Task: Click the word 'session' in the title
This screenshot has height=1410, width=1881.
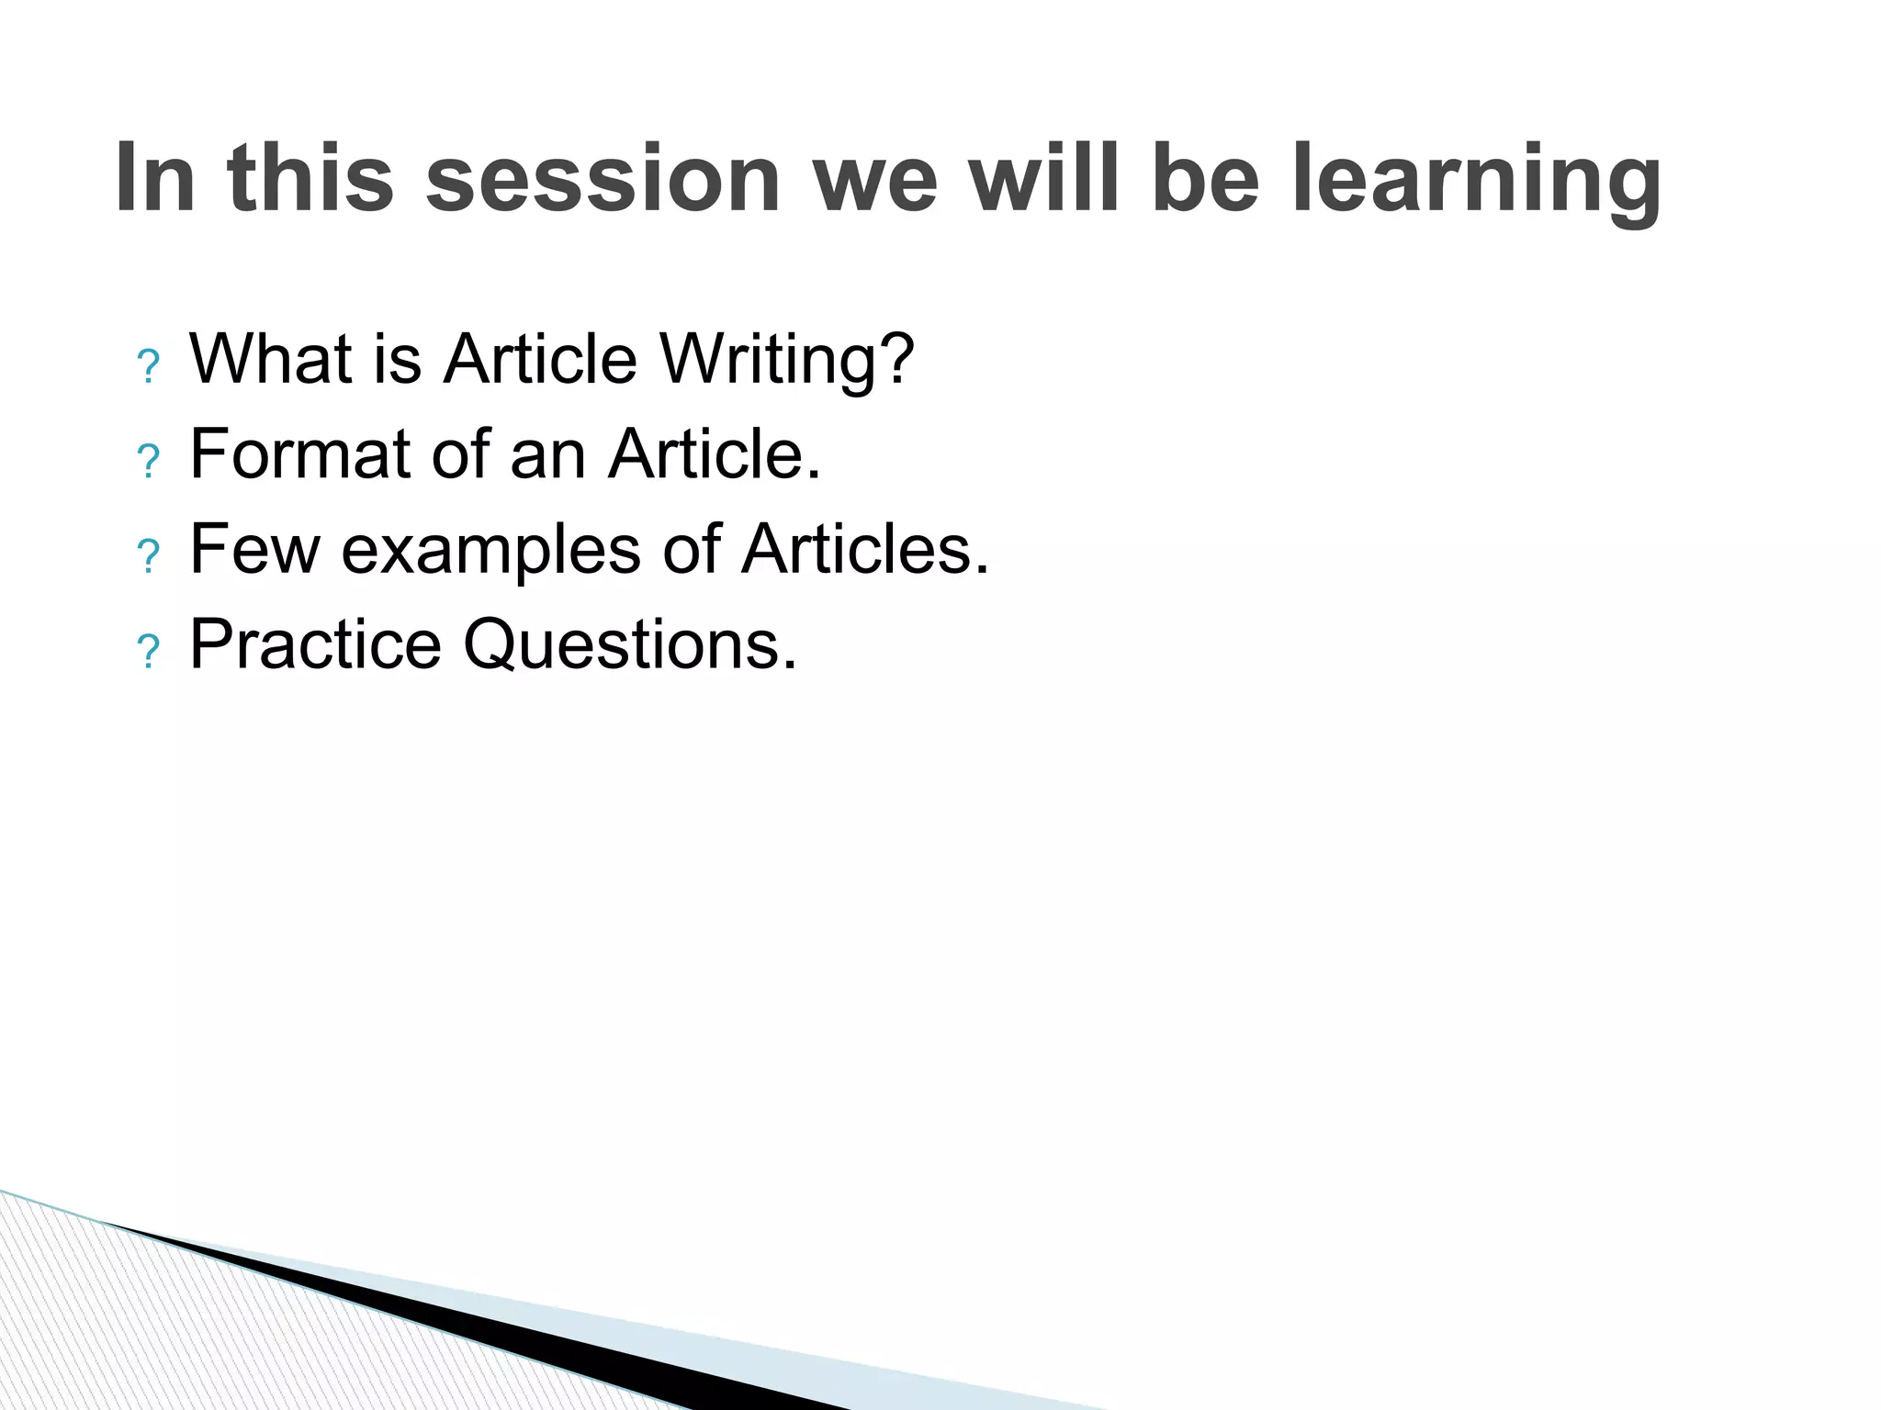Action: (603, 179)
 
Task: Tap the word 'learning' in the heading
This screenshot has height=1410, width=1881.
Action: (1476, 179)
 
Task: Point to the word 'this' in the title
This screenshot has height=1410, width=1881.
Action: (310, 179)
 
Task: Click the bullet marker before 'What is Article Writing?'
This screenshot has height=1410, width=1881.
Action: (148, 367)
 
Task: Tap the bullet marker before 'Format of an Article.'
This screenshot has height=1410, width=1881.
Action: (148, 462)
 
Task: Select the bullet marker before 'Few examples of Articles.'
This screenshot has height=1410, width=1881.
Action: (148, 557)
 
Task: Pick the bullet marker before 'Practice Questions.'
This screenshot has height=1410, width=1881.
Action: (148, 653)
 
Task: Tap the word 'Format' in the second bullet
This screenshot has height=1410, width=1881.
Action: (299, 454)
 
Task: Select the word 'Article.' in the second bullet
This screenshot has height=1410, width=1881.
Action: (714, 454)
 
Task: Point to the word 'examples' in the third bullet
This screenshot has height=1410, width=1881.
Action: (490, 550)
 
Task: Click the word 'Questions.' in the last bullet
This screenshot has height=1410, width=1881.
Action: (629, 645)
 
